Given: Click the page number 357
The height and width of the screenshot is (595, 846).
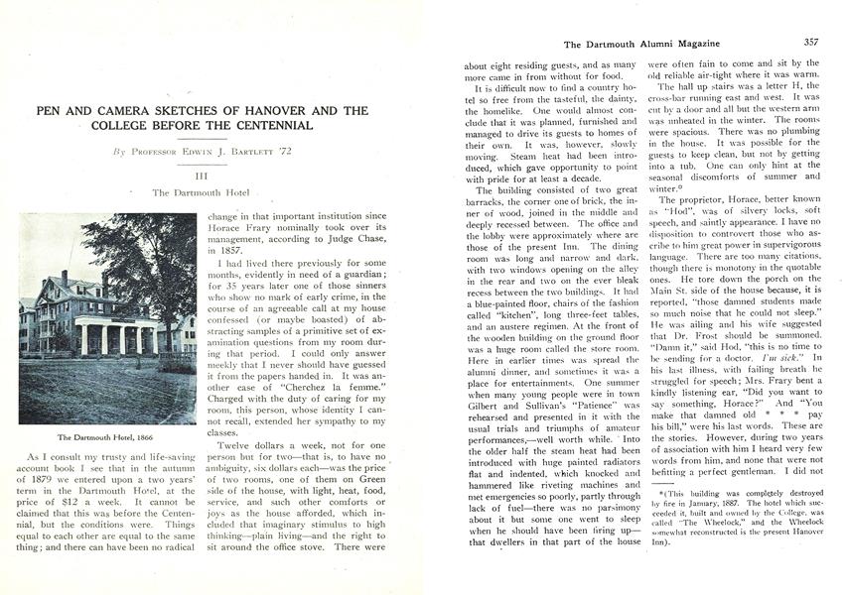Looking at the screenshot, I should pyautogui.click(x=810, y=44).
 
